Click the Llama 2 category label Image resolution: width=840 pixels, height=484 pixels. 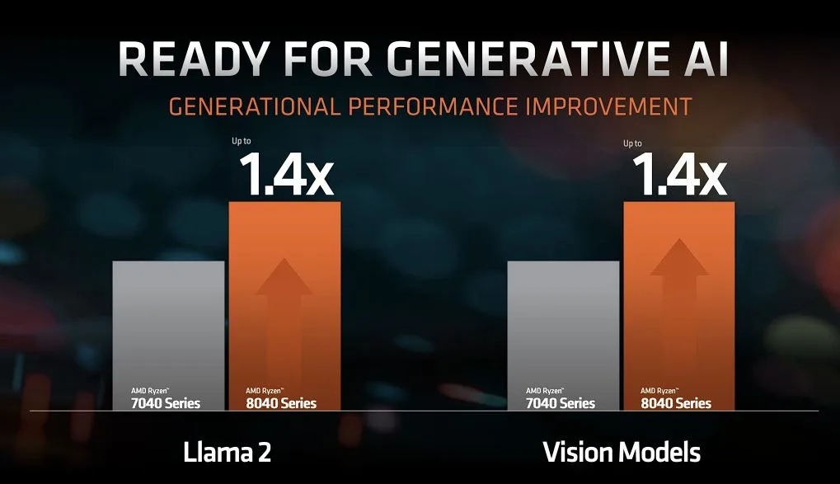(x=226, y=452)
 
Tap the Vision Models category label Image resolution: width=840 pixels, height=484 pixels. (x=622, y=452)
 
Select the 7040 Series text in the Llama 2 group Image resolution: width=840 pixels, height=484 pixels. (x=166, y=403)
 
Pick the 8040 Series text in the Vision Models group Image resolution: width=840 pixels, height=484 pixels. (x=676, y=403)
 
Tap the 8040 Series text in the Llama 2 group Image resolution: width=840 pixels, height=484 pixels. (x=280, y=403)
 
